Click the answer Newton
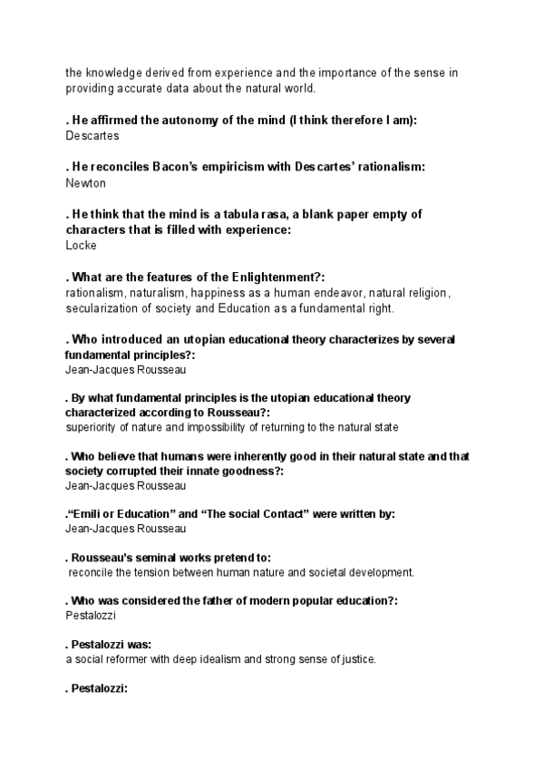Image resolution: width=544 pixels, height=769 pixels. coord(85,182)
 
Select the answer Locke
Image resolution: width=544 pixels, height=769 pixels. coord(82,245)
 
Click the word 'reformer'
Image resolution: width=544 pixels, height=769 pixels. coord(134,659)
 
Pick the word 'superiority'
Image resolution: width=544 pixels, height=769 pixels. coord(94,426)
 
